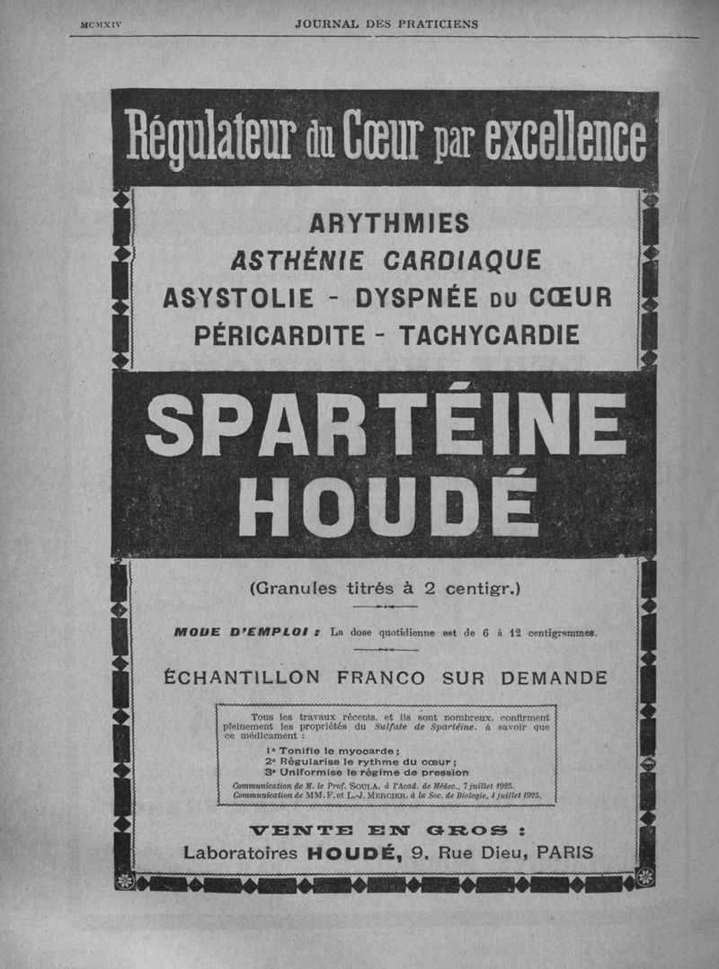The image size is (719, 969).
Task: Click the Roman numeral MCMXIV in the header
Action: [x=100, y=24]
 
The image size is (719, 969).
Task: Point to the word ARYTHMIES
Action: [x=388, y=223]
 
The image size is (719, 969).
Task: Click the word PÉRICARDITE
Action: [x=280, y=335]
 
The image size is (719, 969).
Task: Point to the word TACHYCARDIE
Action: [x=488, y=335]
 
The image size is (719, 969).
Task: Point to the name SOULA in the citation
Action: [x=372, y=785]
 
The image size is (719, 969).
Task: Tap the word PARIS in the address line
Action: [x=564, y=852]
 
